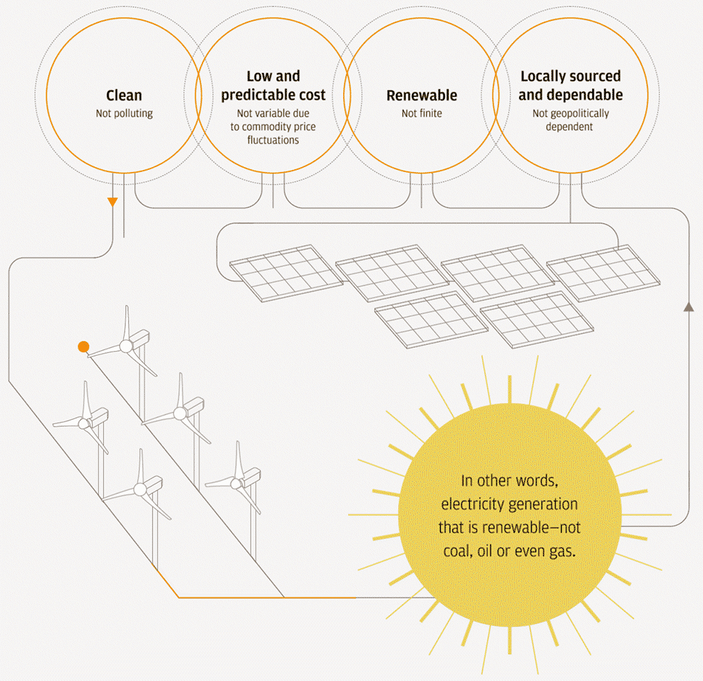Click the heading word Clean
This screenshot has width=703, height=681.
tap(124, 95)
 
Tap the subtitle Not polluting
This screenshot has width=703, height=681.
tap(124, 113)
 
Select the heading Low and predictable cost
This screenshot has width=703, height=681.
tap(274, 86)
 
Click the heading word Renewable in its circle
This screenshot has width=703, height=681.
tap(422, 95)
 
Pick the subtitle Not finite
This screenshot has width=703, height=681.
tap(422, 113)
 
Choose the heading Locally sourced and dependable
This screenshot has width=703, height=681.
tap(571, 86)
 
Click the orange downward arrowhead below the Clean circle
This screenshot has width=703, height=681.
tap(113, 203)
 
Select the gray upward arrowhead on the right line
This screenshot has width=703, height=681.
tap(688, 306)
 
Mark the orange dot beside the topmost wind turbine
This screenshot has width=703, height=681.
tap(84, 346)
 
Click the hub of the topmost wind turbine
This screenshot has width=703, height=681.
tap(126, 346)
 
